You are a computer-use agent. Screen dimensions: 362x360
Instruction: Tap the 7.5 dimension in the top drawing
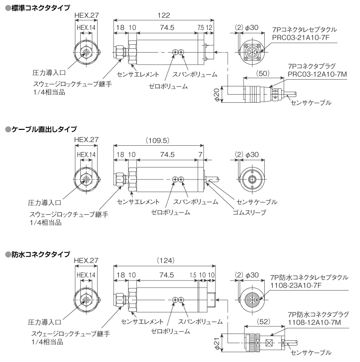click(200, 28)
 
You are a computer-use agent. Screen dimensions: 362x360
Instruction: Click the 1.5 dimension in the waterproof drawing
click(193, 274)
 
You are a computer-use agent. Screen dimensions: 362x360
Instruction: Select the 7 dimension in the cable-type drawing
click(200, 154)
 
